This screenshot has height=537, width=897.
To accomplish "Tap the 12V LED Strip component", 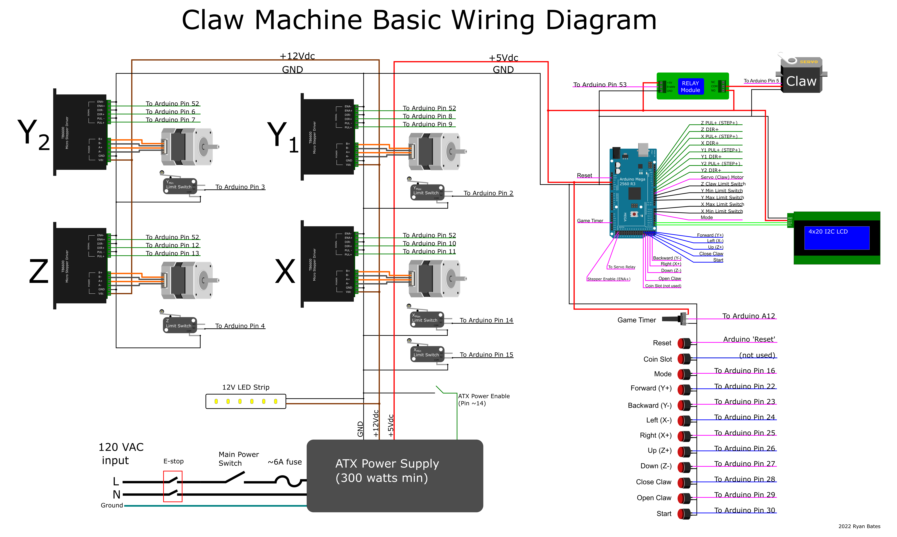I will tap(246, 401).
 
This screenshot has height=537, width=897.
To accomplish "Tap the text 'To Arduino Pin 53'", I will tap(600, 85).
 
